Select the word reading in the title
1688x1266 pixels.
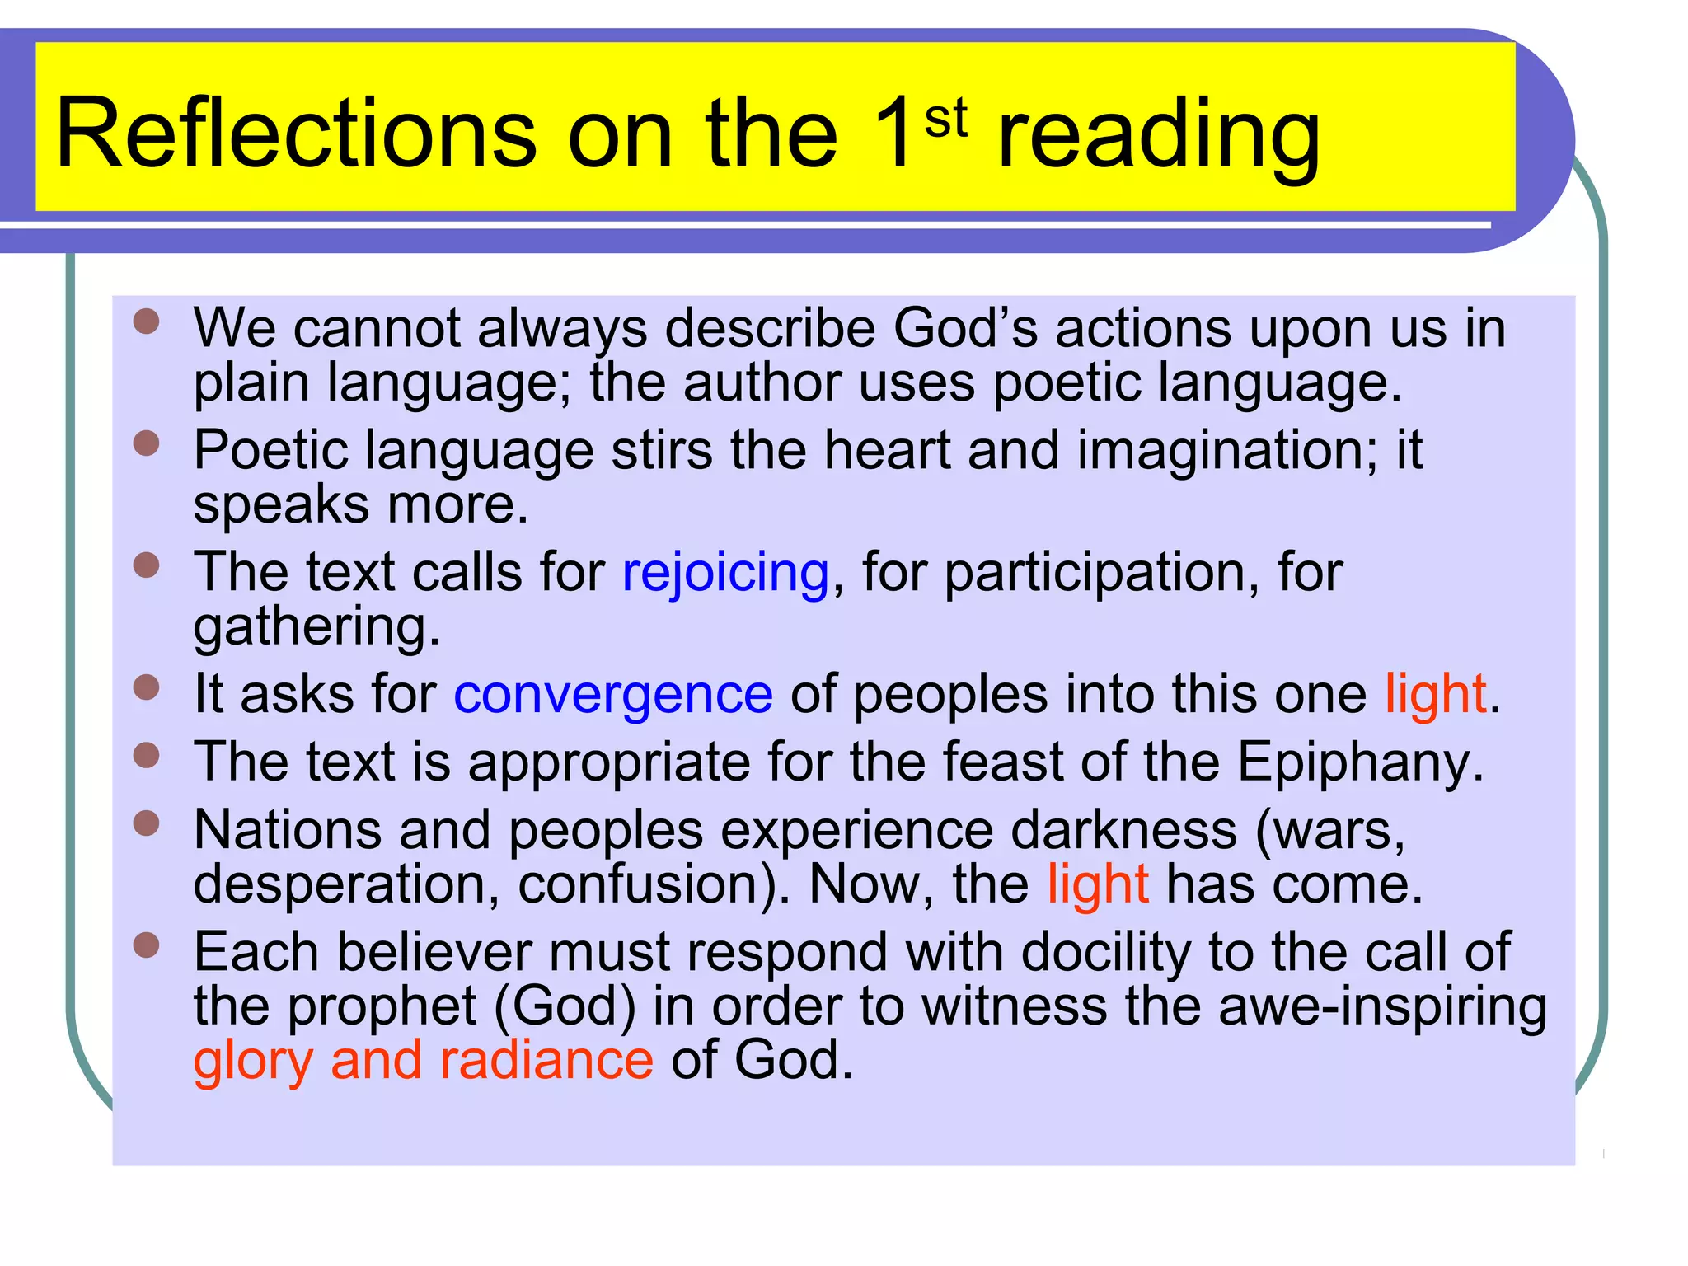[1158, 136]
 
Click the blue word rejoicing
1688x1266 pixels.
[725, 573]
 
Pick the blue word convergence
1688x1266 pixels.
[613, 694]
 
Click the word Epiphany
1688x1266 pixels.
[1360, 762]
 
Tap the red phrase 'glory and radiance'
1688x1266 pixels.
[424, 1061]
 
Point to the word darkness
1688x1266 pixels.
[1123, 830]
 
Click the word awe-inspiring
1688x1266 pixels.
[1382, 1007]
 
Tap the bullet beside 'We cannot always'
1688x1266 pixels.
[146, 321]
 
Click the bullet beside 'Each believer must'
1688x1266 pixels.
[146, 945]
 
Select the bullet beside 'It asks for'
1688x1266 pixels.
[146, 687]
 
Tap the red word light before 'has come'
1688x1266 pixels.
[1098, 884]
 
